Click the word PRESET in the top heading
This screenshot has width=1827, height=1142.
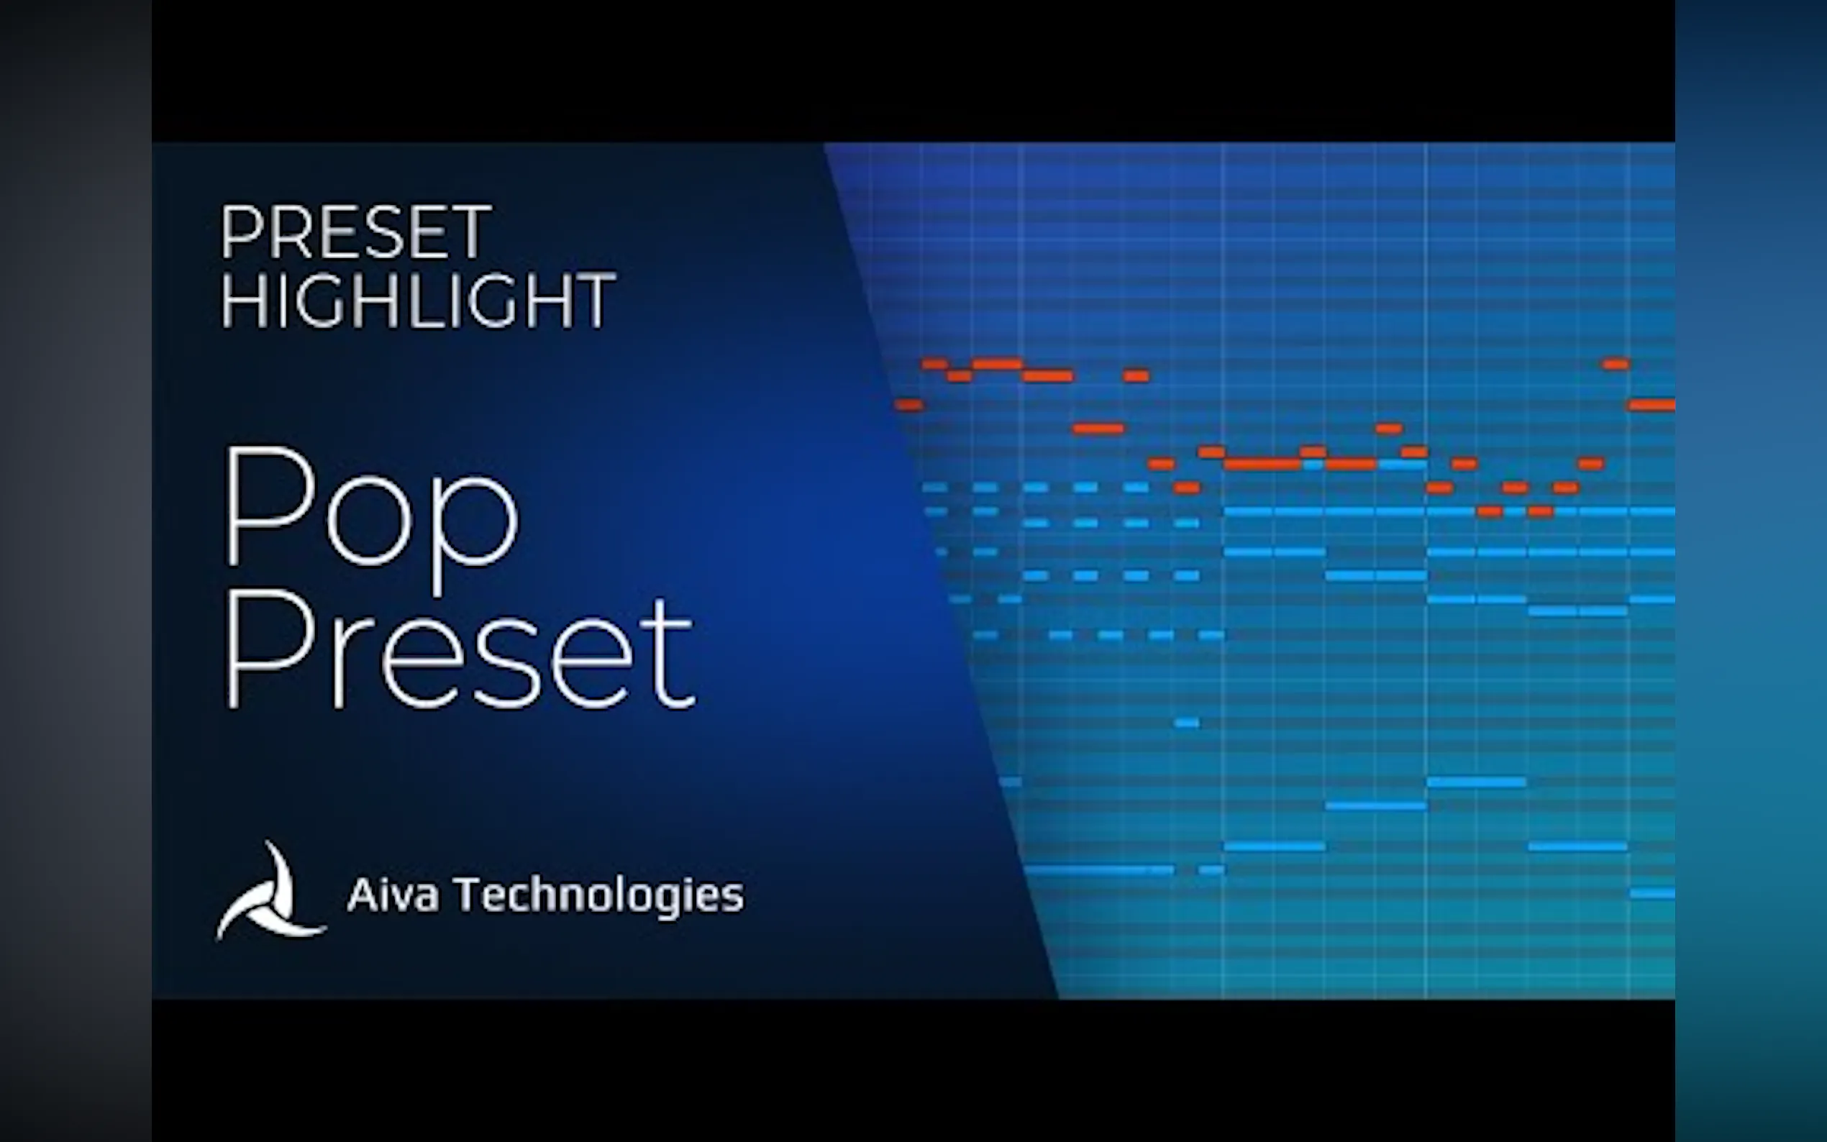tap(356, 232)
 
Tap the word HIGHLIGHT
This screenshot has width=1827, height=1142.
tap(418, 300)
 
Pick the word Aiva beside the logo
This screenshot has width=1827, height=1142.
tap(393, 895)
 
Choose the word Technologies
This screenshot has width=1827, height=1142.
tap(598, 897)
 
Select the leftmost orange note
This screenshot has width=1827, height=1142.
tap(908, 405)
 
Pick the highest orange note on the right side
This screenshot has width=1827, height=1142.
tap(1616, 364)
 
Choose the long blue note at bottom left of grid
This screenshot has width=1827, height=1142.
tap(1100, 870)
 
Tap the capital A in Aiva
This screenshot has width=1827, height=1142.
tap(362, 895)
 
